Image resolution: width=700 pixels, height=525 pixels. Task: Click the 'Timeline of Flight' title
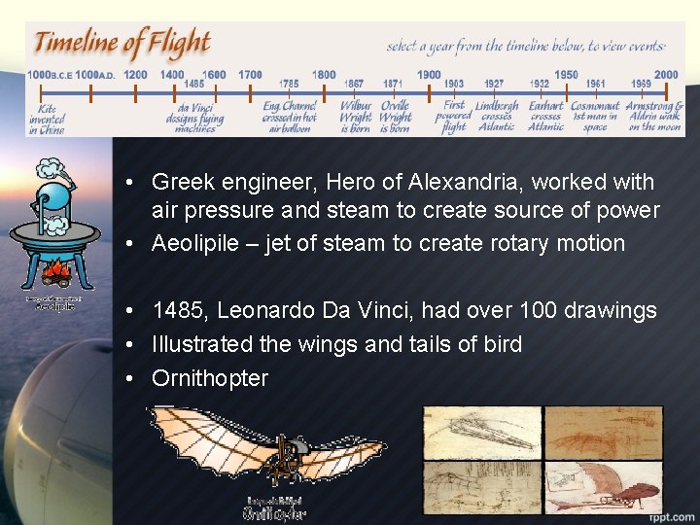[x=122, y=45]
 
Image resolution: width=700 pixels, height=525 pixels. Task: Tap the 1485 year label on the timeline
[x=193, y=85]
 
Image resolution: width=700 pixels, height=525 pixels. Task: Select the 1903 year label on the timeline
[x=453, y=85]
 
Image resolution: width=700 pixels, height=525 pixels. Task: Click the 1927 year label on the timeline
[x=494, y=85]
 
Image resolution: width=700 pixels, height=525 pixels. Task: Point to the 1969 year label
[x=641, y=85]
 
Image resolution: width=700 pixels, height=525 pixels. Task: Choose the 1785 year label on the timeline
[x=289, y=85]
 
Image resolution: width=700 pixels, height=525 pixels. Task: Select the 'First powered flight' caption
[x=454, y=116]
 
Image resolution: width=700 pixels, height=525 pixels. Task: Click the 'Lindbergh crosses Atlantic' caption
[x=497, y=116]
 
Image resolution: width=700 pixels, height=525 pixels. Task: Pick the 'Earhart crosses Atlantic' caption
[x=545, y=116]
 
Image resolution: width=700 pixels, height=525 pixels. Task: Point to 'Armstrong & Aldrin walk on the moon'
[x=654, y=116]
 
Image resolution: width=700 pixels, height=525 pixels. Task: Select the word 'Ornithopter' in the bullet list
[x=209, y=378]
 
